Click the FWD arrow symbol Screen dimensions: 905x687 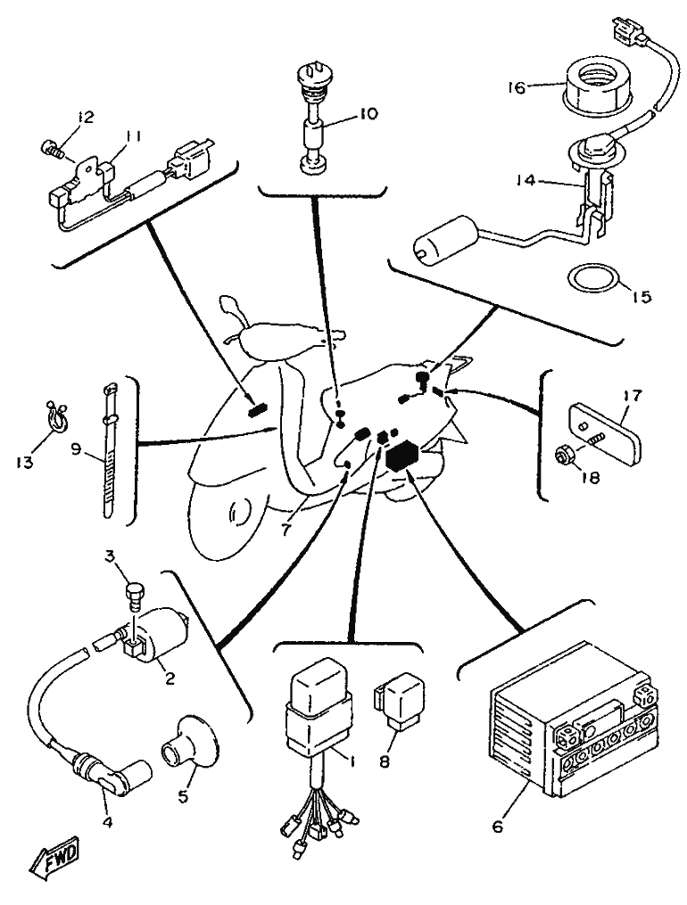tap(54, 862)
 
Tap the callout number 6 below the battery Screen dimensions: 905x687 tap(497, 826)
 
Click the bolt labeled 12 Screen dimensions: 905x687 tap(52, 148)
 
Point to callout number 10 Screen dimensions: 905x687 tap(367, 113)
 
